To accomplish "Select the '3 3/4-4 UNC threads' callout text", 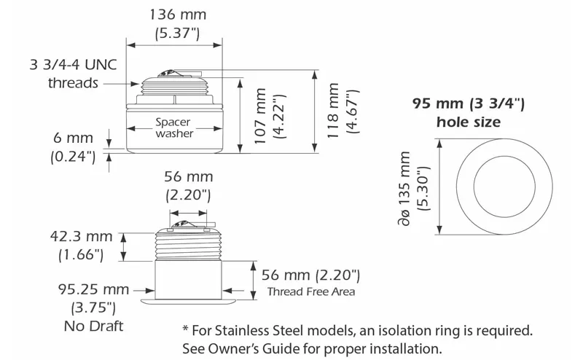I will pos(73,73).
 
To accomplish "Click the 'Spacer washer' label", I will pos(174,128).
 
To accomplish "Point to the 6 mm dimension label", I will pos(72,138).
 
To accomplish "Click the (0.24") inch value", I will pos(72,155).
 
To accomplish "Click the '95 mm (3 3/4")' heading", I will pos(468,103).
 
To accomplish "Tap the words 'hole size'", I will pos(468,122).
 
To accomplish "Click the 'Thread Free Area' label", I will pos(311,292).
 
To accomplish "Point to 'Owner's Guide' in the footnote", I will pos(253,348).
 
